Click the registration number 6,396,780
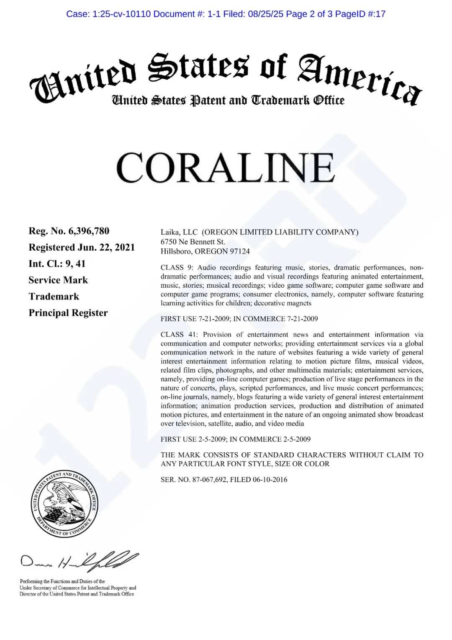tap(88, 231)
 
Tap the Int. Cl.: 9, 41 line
tap(57, 263)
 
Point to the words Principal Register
tap(68, 313)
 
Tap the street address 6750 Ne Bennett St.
tap(193, 242)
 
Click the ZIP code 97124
tap(239, 251)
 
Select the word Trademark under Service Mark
tap(54, 297)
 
